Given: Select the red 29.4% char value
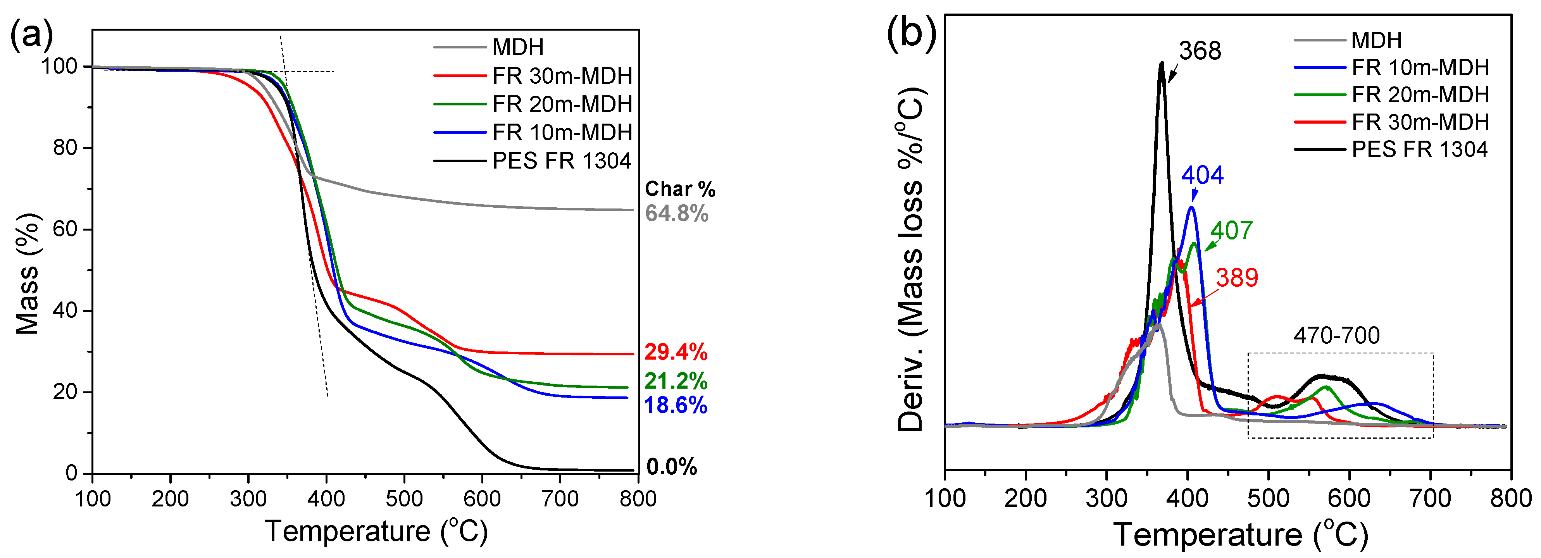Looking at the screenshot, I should click(676, 352).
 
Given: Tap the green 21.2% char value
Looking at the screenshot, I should click(676, 381).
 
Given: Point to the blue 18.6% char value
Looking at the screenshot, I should click(676, 405).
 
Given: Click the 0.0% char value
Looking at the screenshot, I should click(671, 467).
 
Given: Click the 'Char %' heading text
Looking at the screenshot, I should click(679, 189).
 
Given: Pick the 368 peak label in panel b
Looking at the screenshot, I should click(1200, 51).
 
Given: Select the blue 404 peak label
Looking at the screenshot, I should click(1202, 175).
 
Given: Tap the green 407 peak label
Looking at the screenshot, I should click(1231, 230).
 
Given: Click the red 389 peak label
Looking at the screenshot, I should click(1236, 277).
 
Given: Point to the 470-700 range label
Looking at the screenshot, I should click(1336, 336).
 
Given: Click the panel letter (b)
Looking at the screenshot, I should click(911, 35).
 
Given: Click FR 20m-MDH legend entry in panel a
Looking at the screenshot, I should click(562, 104).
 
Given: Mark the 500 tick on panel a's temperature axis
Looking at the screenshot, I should click(404, 498).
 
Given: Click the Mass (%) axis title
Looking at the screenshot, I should click(27, 273).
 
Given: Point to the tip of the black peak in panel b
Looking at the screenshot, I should click(1162, 62).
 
